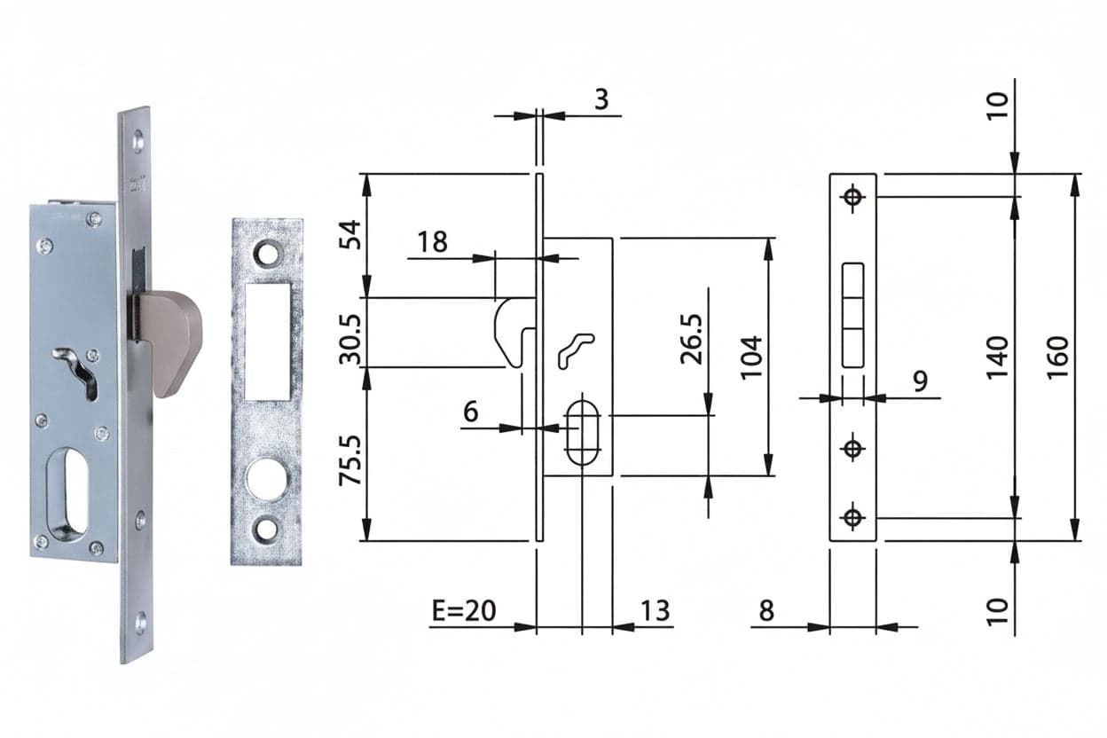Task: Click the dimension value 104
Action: (x=751, y=357)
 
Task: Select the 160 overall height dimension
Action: (x=1058, y=357)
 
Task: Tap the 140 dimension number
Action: (x=997, y=357)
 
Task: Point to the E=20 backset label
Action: (x=464, y=610)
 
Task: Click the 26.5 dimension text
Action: (x=691, y=339)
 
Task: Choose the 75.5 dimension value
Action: (x=349, y=459)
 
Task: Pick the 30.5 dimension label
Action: (x=349, y=339)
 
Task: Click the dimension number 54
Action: (x=349, y=235)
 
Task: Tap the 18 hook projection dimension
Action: (x=433, y=242)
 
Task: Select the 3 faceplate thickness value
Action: (x=601, y=99)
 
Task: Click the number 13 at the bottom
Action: (x=656, y=610)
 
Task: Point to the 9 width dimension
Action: (x=921, y=381)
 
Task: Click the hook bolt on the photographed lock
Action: (x=170, y=342)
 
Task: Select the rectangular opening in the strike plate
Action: (x=267, y=342)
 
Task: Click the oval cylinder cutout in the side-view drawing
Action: (x=582, y=433)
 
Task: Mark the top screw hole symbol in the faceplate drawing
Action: (x=852, y=197)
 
